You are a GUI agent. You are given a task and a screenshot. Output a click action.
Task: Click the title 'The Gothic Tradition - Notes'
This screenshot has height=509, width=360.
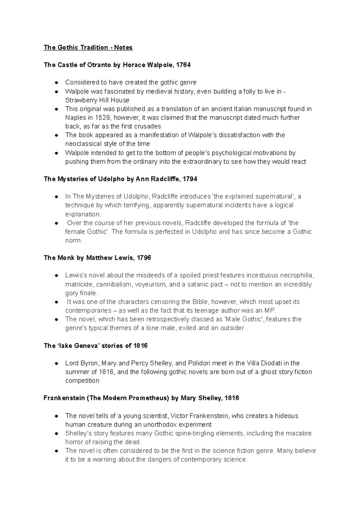(x=88, y=47)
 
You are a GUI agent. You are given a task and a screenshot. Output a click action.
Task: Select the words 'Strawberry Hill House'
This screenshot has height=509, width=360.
(x=97, y=100)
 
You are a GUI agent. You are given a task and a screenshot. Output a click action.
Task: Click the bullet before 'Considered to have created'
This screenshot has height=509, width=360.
(x=56, y=82)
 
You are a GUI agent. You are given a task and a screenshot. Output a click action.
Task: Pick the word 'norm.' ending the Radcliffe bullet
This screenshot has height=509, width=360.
(x=73, y=240)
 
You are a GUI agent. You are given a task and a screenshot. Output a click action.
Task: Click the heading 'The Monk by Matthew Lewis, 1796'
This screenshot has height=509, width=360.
(x=97, y=258)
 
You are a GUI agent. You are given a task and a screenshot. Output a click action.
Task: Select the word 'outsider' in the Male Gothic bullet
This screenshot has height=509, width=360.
(x=232, y=328)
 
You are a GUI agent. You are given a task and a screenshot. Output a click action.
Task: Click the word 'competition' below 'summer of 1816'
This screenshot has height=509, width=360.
(x=82, y=381)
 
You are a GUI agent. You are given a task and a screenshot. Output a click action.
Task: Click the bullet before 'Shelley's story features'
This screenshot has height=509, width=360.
(x=56, y=434)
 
